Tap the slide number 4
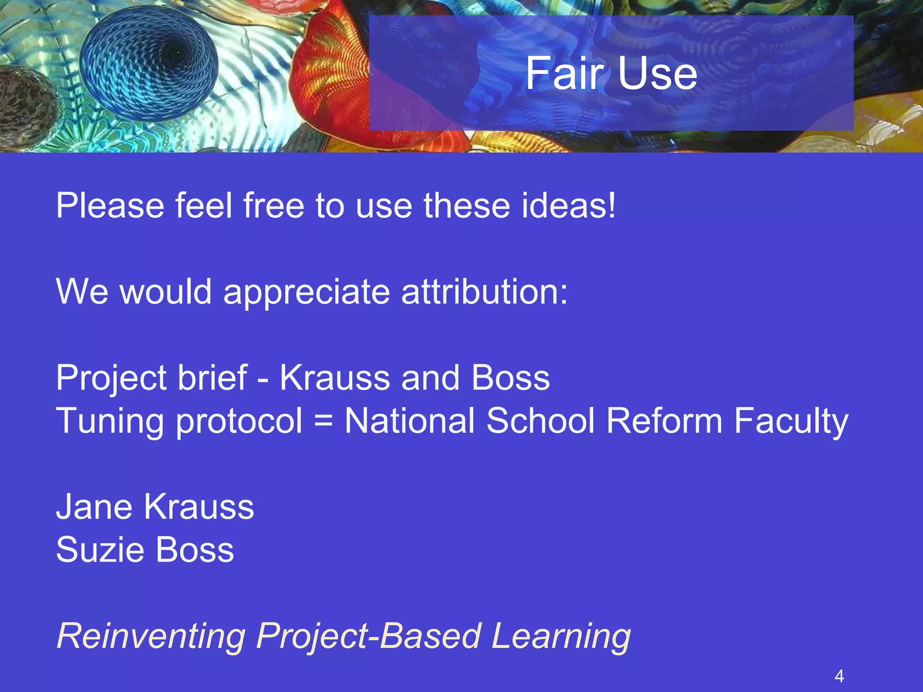[x=839, y=676]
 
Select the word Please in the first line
[x=110, y=206]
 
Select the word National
[x=410, y=421]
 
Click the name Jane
[x=94, y=507]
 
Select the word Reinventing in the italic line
[x=151, y=636]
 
